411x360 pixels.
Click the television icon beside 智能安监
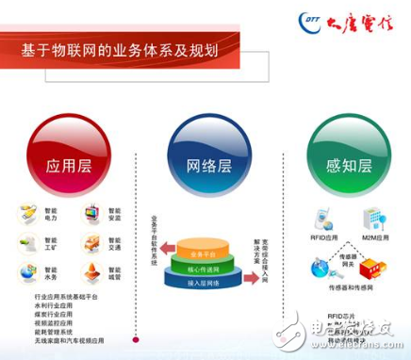pos(92,214)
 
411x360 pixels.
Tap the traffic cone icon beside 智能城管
pos(92,273)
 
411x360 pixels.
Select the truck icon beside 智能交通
pos(92,244)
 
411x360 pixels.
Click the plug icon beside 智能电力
pos(26,214)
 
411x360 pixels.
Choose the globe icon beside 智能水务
pos(26,273)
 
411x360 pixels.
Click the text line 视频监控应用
pos(42,323)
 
